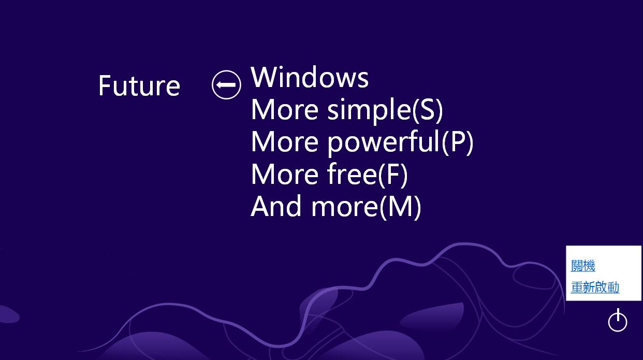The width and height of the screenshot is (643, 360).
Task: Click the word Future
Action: [139, 86]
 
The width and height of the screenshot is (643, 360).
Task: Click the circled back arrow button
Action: [226, 84]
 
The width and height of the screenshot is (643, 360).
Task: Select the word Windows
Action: [310, 77]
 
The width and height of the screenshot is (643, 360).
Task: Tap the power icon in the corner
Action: [617, 321]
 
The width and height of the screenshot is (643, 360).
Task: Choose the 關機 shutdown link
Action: [583, 266]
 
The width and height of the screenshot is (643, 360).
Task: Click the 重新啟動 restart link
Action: [595, 287]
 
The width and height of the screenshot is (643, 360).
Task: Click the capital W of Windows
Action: [264, 77]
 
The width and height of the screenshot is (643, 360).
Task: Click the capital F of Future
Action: [105, 86]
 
